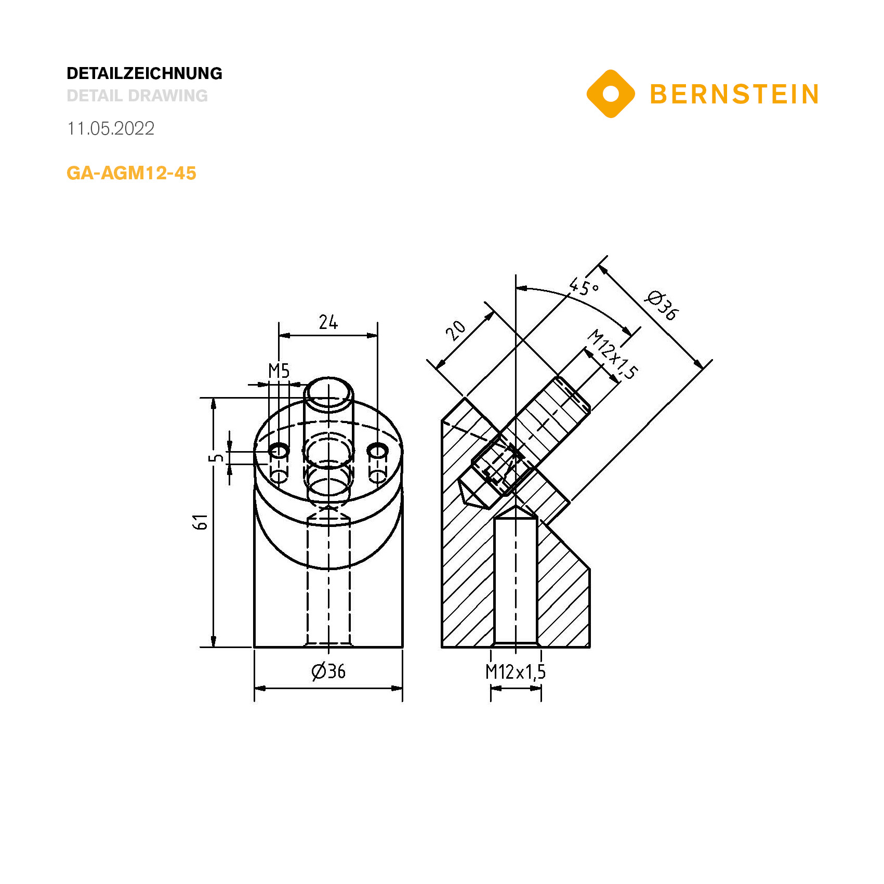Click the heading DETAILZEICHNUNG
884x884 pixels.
coord(144,73)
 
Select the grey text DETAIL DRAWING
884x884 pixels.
coord(137,96)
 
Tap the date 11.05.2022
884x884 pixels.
coord(111,128)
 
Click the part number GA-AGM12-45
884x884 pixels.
coord(131,173)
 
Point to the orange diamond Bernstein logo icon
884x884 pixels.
coord(611,94)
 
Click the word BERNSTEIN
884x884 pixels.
coord(734,95)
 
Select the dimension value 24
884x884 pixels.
coord(328,323)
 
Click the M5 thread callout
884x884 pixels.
coord(279,371)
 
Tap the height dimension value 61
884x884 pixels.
coord(201,522)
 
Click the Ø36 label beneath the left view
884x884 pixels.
coord(328,671)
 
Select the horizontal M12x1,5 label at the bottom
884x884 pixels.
coord(516,672)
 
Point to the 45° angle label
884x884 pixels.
coord(584,286)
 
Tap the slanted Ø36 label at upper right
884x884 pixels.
coord(662,306)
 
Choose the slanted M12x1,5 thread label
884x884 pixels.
coord(613,354)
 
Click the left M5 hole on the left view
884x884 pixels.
coord(279,451)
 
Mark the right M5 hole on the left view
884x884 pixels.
coord(377,451)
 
